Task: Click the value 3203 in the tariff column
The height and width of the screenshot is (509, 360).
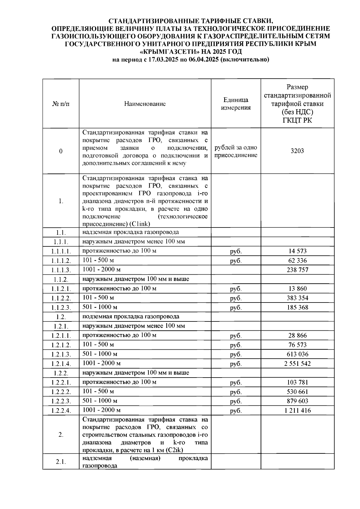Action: (297, 151)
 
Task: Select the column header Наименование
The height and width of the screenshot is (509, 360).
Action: (145, 104)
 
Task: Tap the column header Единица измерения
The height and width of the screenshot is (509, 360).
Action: (236, 104)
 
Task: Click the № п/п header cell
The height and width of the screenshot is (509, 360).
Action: (61, 104)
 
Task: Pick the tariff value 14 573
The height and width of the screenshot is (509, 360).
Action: (297, 251)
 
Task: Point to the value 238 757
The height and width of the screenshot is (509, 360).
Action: (297, 270)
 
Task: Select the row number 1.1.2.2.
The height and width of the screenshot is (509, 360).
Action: (61, 298)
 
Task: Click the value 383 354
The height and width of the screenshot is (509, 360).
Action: (297, 298)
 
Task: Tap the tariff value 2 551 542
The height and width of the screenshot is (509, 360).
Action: (297, 364)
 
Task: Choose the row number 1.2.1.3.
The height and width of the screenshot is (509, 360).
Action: (61, 354)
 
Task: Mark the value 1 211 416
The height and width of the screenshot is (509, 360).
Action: (297, 411)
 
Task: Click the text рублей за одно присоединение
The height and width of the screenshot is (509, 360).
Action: (236, 152)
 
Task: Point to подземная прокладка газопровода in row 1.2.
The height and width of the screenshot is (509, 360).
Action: (131, 317)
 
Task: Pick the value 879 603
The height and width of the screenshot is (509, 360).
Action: (297, 401)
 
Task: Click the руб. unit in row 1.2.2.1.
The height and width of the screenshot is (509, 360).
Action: (236, 383)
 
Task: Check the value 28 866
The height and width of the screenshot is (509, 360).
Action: (297, 336)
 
